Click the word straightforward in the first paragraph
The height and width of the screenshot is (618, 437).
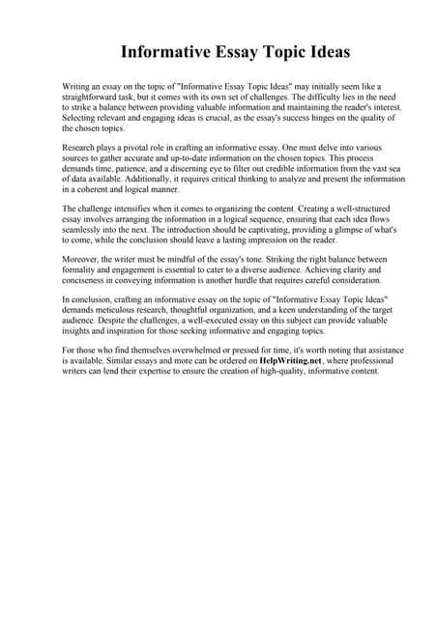pyautogui.click(x=98, y=98)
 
